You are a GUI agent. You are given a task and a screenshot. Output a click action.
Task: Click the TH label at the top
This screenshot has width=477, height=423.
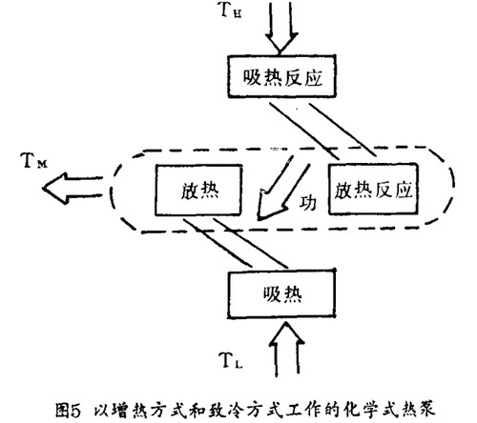click(231, 10)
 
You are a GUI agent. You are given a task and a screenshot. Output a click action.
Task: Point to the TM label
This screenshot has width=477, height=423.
click(34, 160)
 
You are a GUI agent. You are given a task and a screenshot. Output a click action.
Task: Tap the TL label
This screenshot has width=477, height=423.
click(231, 360)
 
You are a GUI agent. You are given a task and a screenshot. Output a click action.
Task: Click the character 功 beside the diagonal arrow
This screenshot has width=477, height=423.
click(308, 203)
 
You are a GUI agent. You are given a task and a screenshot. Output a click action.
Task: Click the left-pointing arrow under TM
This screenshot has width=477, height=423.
click(73, 188)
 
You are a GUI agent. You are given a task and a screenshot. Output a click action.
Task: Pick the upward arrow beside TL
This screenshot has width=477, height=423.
click(286, 350)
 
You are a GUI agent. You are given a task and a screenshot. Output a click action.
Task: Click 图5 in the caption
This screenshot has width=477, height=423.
click(69, 410)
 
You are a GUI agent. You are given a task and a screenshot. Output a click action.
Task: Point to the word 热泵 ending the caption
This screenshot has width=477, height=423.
click(419, 410)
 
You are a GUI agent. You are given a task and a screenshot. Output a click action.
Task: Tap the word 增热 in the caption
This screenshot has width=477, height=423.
click(128, 410)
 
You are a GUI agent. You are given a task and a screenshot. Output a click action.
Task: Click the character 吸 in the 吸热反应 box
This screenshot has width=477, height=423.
click(253, 77)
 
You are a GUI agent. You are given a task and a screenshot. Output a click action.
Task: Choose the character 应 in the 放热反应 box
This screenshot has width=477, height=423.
click(404, 191)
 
